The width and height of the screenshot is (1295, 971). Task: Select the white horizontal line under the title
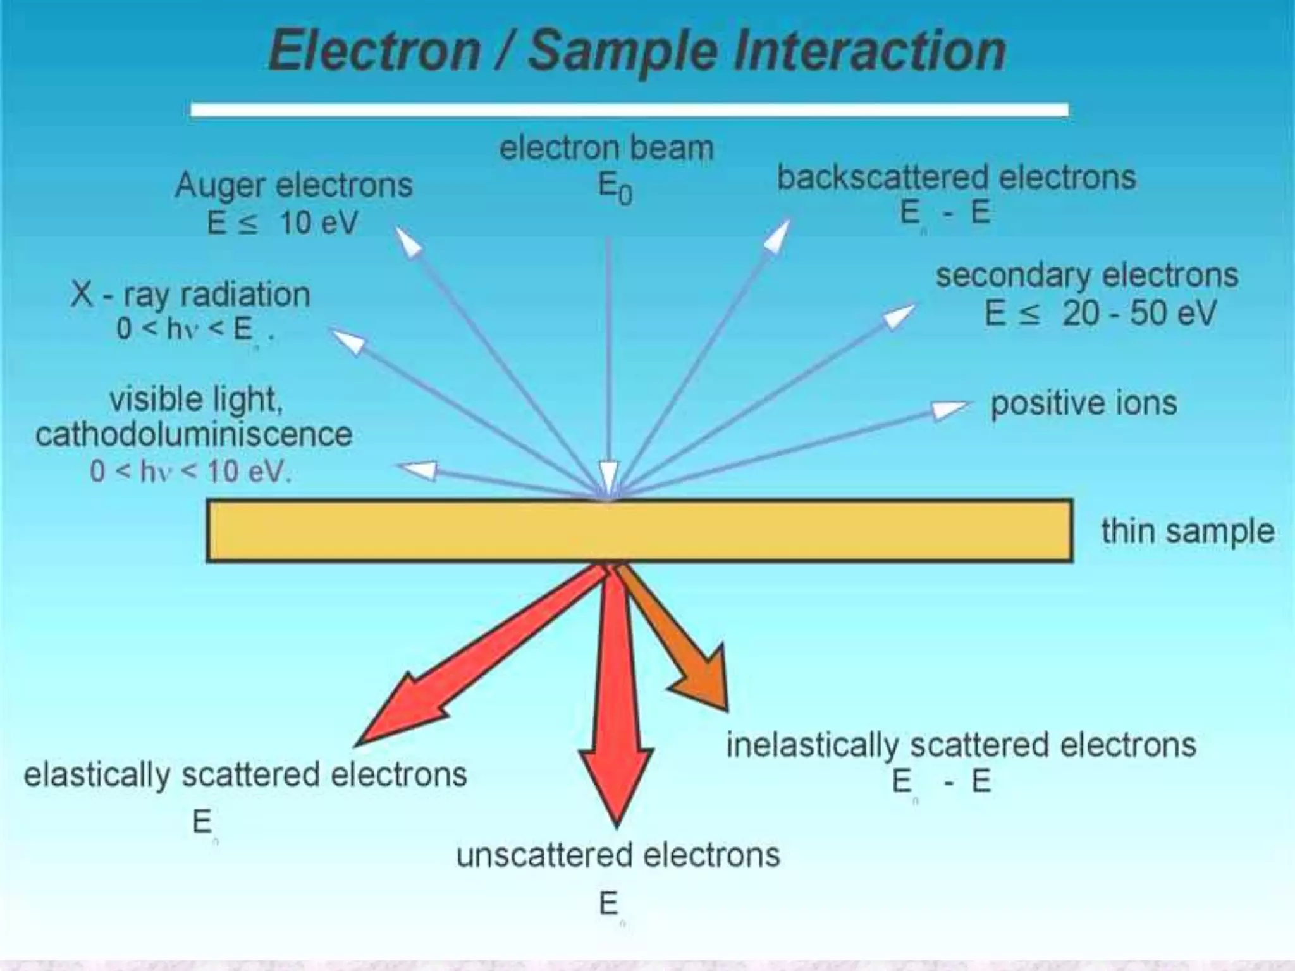629,110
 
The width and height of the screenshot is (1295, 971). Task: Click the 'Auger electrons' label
293,185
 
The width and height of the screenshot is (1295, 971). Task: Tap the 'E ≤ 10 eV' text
283,223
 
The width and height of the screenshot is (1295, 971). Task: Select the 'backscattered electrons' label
956,177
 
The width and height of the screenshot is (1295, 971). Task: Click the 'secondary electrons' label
1086,275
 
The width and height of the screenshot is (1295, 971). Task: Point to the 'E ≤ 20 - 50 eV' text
1100,313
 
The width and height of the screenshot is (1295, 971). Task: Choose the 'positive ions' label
1083,403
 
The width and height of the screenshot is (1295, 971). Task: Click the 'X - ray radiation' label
190,295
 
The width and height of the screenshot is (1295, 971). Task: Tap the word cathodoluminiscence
193,434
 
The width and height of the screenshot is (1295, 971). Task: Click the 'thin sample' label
1188,530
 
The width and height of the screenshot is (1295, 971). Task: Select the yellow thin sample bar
639,530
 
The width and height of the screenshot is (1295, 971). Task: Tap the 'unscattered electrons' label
618,855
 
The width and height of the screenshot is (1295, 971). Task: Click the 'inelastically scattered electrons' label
961,745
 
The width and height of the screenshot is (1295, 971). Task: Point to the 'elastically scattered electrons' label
245,774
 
